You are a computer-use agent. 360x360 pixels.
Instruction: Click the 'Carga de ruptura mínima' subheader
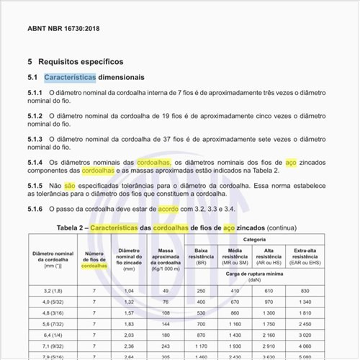coord(253,274)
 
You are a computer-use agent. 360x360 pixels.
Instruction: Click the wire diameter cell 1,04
coord(129,290)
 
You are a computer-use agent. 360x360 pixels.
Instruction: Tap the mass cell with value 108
coord(165,313)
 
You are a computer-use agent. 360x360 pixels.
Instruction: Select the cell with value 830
coord(304,290)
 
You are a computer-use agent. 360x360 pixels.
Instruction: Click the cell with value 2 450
coord(304,325)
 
